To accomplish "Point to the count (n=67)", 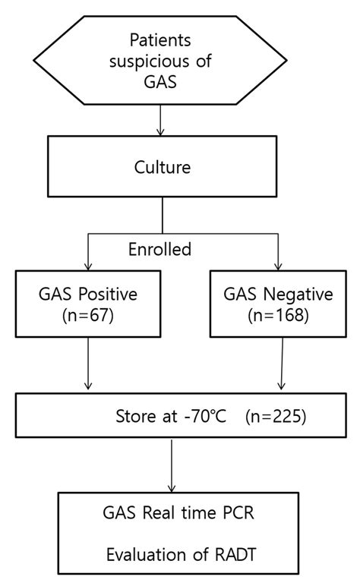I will click(90, 315).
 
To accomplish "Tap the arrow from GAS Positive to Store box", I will click(90, 365).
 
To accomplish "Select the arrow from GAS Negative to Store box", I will click(282, 365).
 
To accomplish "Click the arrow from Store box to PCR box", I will click(174, 465).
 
